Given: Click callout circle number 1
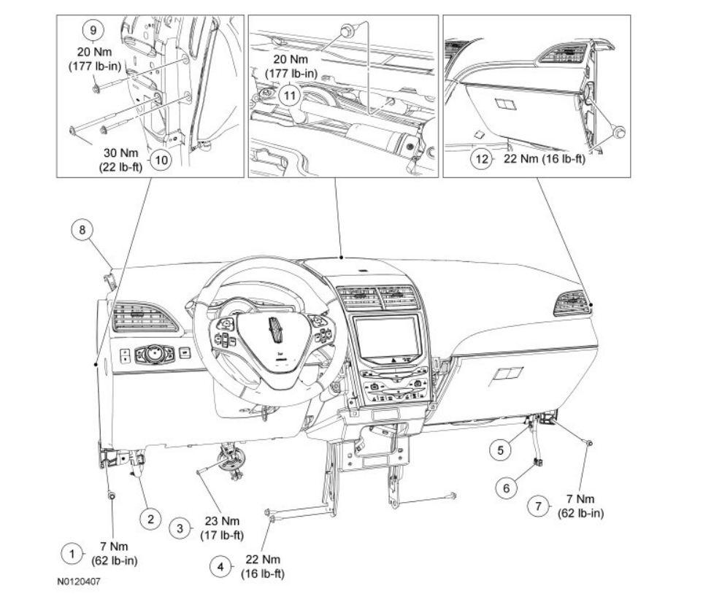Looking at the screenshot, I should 72,554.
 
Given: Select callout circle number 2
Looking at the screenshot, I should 150,519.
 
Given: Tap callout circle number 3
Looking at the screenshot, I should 180,528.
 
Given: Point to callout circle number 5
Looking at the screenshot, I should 500,450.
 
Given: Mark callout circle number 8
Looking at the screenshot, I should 82,229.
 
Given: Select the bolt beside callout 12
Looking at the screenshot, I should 618,132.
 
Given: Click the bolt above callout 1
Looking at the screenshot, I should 112,495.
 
